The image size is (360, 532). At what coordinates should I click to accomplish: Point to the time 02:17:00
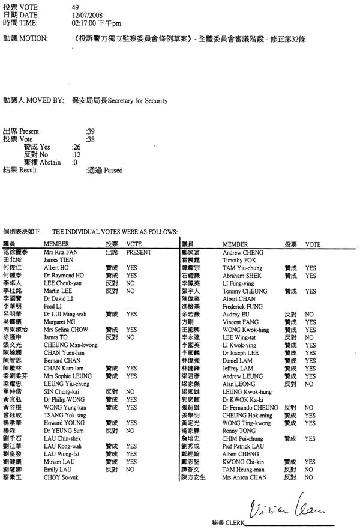pyautogui.click(x=85, y=23)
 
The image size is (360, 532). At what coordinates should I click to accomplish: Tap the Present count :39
pyautogui.click(x=91, y=131)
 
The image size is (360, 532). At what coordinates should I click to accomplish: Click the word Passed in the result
pyautogui.click(x=113, y=170)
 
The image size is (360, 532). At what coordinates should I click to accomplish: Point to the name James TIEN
pyautogui.click(x=58, y=260)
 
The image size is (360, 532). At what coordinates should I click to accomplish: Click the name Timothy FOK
pyautogui.click(x=238, y=260)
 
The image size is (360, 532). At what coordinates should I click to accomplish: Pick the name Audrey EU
pyautogui.click(x=235, y=313)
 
